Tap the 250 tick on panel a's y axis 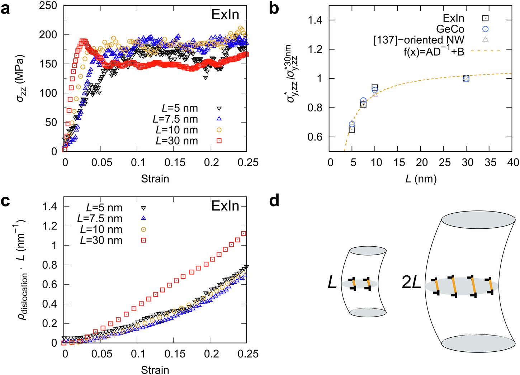coord(48,5)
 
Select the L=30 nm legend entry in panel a coord(177,141)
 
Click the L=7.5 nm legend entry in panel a coord(175,119)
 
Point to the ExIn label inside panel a coord(225,15)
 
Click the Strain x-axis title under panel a coord(155,179)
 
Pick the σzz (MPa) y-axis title coord(21,78)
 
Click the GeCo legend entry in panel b coord(450,29)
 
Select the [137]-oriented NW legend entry coord(419,40)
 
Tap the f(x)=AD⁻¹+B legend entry coord(434,51)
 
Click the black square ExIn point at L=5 coord(352,130)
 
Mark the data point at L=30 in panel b coord(466,78)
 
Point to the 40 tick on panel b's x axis coord(513,162)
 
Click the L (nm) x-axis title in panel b coord(421,179)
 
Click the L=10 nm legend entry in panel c coord(101,229)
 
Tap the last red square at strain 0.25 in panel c coord(244,234)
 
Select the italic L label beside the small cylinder coord(332,283)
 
